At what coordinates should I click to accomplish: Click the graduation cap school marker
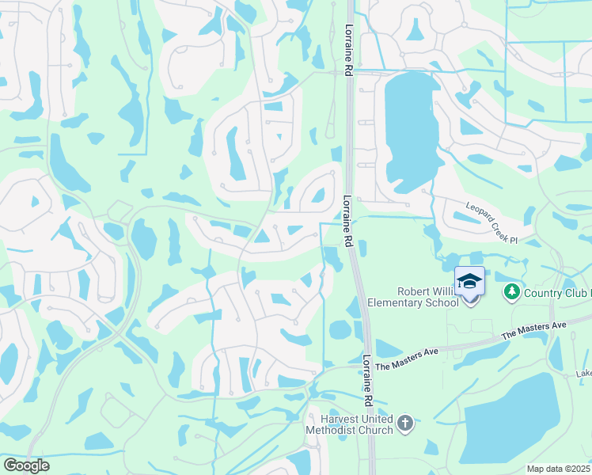469,283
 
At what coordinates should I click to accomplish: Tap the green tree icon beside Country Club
511,293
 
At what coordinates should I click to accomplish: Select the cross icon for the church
405,424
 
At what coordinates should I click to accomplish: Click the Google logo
26,465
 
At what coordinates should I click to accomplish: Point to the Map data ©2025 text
559,469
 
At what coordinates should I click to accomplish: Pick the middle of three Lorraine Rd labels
347,221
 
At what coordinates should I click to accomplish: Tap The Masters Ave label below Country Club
537,326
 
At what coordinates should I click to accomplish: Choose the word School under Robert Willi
442,302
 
